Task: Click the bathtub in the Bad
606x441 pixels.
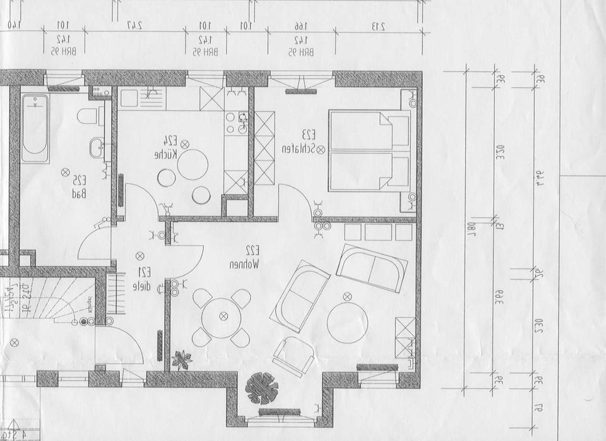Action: tap(35, 128)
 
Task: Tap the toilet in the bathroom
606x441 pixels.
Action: tap(88, 116)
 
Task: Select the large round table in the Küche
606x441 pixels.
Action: tap(193, 165)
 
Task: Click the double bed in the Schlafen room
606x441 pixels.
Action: tap(369, 150)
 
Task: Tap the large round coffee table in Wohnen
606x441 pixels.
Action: tap(347, 321)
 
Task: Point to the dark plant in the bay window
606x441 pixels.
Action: tap(261, 387)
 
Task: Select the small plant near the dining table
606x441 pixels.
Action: tap(182, 359)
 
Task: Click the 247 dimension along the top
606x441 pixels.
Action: tap(134, 26)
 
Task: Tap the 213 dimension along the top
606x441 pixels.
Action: tap(378, 26)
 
